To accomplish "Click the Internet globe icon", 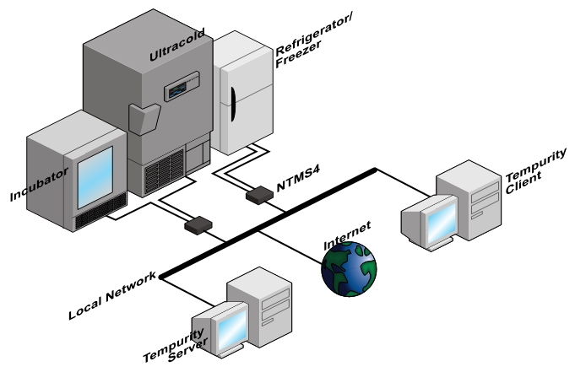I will pyautogui.click(x=349, y=268).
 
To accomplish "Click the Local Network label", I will pyautogui.click(x=113, y=295).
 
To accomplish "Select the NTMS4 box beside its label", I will pyautogui.click(x=258, y=196).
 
